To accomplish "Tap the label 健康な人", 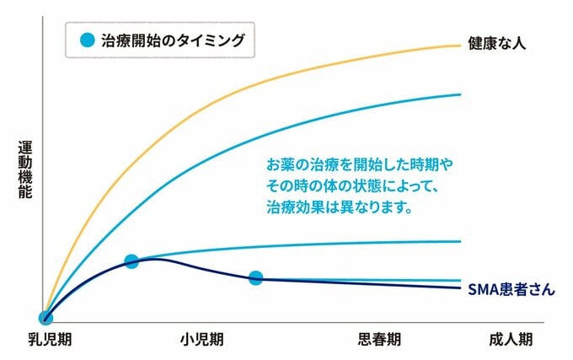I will pyautogui.click(x=497, y=42).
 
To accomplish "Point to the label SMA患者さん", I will pyautogui.click(x=511, y=289).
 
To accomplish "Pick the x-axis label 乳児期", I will pyautogui.click(x=49, y=340).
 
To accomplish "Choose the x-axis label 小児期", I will pyautogui.click(x=201, y=340).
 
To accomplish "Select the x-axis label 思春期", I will pyautogui.click(x=379, y=340).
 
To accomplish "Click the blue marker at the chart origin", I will pyautogui.click(x=46, y=318).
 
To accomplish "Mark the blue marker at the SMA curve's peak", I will pyautogui.click(x=131, y=261).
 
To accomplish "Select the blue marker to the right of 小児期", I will pyautogui.click(x=256, y=278).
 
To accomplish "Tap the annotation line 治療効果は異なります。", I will pyautogui.click(x=339, y=206).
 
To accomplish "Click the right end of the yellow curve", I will pyautogui.click(x=460, y=45).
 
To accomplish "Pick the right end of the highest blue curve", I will pyautogui.click(x=460, y=94).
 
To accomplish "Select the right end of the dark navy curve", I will pyautogui.click(x=460, y=288).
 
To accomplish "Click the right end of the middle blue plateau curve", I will pyautogui.click(x=460, y=241).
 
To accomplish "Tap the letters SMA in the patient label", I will pyautogui.click(x=483, y=289).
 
